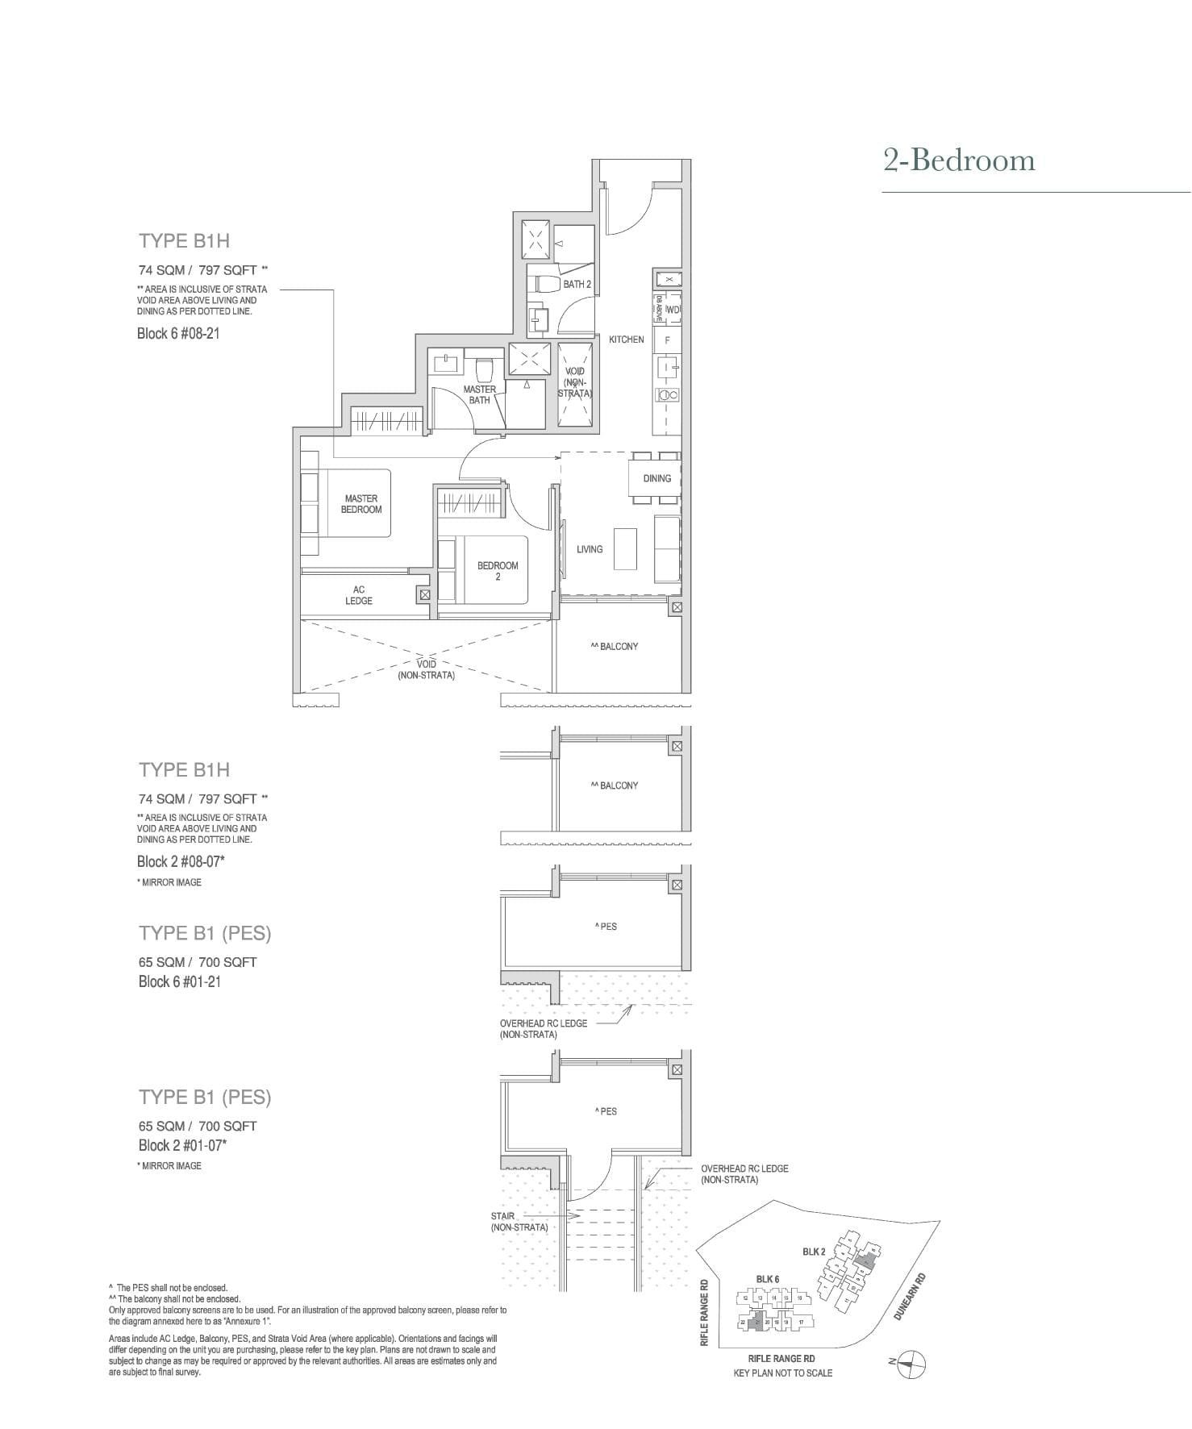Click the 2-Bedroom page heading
[958, 160]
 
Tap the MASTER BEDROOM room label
[361, 504]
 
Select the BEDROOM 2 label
[498, 571]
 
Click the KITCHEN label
[626, 340]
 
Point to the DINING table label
[656, 478]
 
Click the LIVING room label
[589, 549]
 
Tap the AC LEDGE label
[359, 595]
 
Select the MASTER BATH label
[479, 394]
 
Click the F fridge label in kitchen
[667, 340]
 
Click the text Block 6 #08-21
[178, 333]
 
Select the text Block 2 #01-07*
[182, 1145]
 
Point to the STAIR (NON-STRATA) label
[519, 1221]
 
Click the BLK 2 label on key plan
[813, 1252]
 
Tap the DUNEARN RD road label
[909, 1296]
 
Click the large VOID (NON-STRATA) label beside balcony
[426, 669]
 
